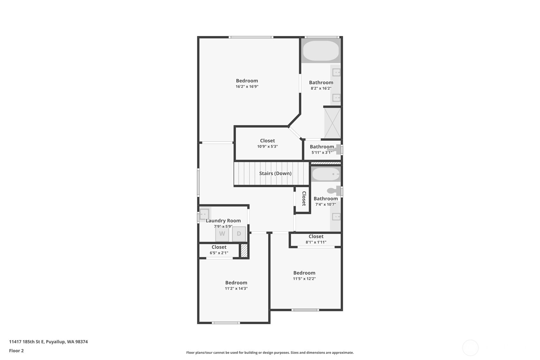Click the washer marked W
(x=222, y=234)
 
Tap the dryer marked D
(x=239, y=234)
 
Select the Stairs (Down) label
(x=275, y=173)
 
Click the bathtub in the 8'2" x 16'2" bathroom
(x=321, y=51)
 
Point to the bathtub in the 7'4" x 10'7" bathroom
(x=326, y=174)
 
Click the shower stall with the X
(x=332, y=123)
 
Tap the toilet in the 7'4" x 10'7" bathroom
(x=333, y=191)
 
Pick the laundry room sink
(x=204, y=214)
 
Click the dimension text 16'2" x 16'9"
(x=247, y=87)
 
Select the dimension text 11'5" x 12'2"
(x=304, y=279)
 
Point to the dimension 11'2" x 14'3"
(x=236, y=289)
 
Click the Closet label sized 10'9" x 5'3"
(x=267, y=141)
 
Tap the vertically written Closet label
(x=304, y=199)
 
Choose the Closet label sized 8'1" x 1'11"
(x=316, y=236)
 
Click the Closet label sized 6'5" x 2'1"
(x=219, y=247)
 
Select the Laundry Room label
(x=223, y=221)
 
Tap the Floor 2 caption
(x=16, y=351)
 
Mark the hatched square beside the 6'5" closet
(x=244, y=251)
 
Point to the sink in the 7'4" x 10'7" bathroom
(x=336, y=217)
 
